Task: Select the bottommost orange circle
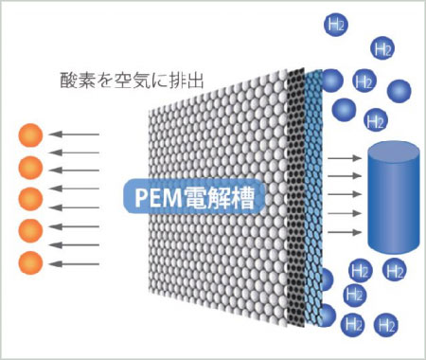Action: [x=30, y=261]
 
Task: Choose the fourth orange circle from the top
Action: [x=30, y=230]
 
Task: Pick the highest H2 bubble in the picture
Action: [x=336, y=23]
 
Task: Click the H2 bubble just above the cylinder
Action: [x=375, y=120]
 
